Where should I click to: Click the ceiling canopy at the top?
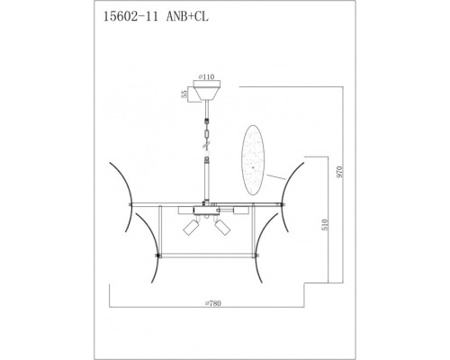point(208,93)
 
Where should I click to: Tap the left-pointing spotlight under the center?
point(190,229)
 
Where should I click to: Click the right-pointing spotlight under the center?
point(220,229)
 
